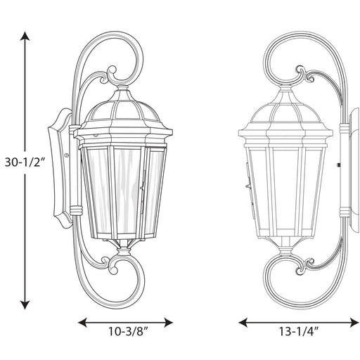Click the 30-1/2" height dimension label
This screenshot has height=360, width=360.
25,162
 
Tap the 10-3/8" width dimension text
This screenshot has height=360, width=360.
129,331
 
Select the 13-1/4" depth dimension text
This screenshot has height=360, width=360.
299,331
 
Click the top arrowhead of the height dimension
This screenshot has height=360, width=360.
25,36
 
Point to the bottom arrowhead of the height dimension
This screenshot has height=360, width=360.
25,304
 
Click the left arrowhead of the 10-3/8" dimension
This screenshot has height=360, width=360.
82,323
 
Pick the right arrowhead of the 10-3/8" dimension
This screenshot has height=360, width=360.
168,323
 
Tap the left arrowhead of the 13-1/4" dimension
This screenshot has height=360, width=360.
243,323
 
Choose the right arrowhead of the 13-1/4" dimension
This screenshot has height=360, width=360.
354,323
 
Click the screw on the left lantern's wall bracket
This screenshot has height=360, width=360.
67,155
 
